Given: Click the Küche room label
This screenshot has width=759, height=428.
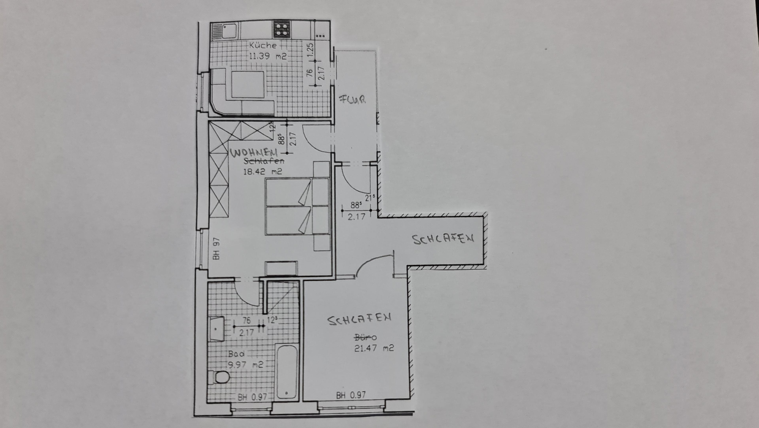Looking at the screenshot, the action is click(x=263, y=46).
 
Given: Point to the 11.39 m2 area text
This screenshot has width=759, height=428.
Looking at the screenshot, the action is click(x=268, y=56).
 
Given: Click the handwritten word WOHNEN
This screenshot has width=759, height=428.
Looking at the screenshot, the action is click(x=254, y=153).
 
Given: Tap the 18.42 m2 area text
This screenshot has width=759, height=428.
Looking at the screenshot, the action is click(x=262, y=171).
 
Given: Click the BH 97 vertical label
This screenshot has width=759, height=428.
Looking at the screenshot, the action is click(x=217, y=249).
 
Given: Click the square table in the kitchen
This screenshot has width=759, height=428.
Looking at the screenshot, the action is click(x=247, y=84).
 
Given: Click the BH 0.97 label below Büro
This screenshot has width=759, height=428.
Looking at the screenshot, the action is click(x=351, y=395).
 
